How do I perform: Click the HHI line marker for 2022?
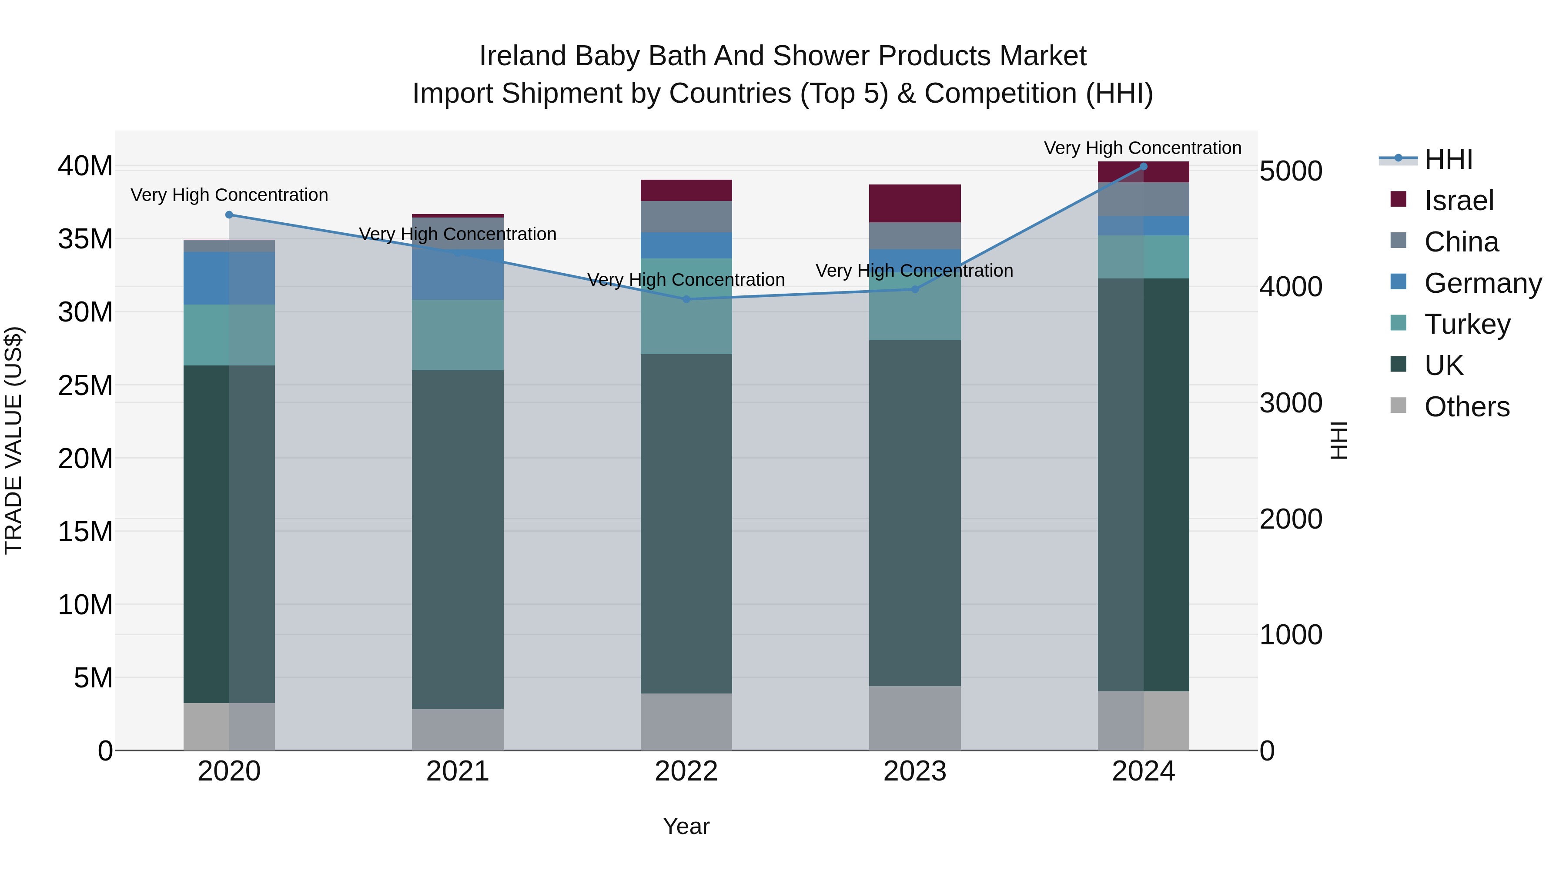click(x=686, y=299)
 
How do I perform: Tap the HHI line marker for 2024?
click(x=1144, y=166)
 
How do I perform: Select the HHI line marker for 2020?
click(x=229, y=214)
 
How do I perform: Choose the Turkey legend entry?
click(x=1467, y=324)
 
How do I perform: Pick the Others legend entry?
click(x=1466, y=407)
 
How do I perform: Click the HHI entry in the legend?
click(x=1448, y=159)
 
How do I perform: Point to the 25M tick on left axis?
click(x=85, y=385)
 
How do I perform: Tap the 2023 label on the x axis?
click(x=915, y=771)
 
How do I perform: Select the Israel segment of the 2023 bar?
click(x=915, y=203)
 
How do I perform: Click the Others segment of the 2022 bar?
click(x=686, y=722)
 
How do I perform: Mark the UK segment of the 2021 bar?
click(x=458, y=539)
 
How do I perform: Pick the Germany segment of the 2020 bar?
click(x=229, y=278)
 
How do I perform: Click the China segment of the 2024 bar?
click(x=1144, y=199)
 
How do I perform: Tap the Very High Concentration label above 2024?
click(x=1142, y=148)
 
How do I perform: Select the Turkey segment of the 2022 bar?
click(x=686, y=306)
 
